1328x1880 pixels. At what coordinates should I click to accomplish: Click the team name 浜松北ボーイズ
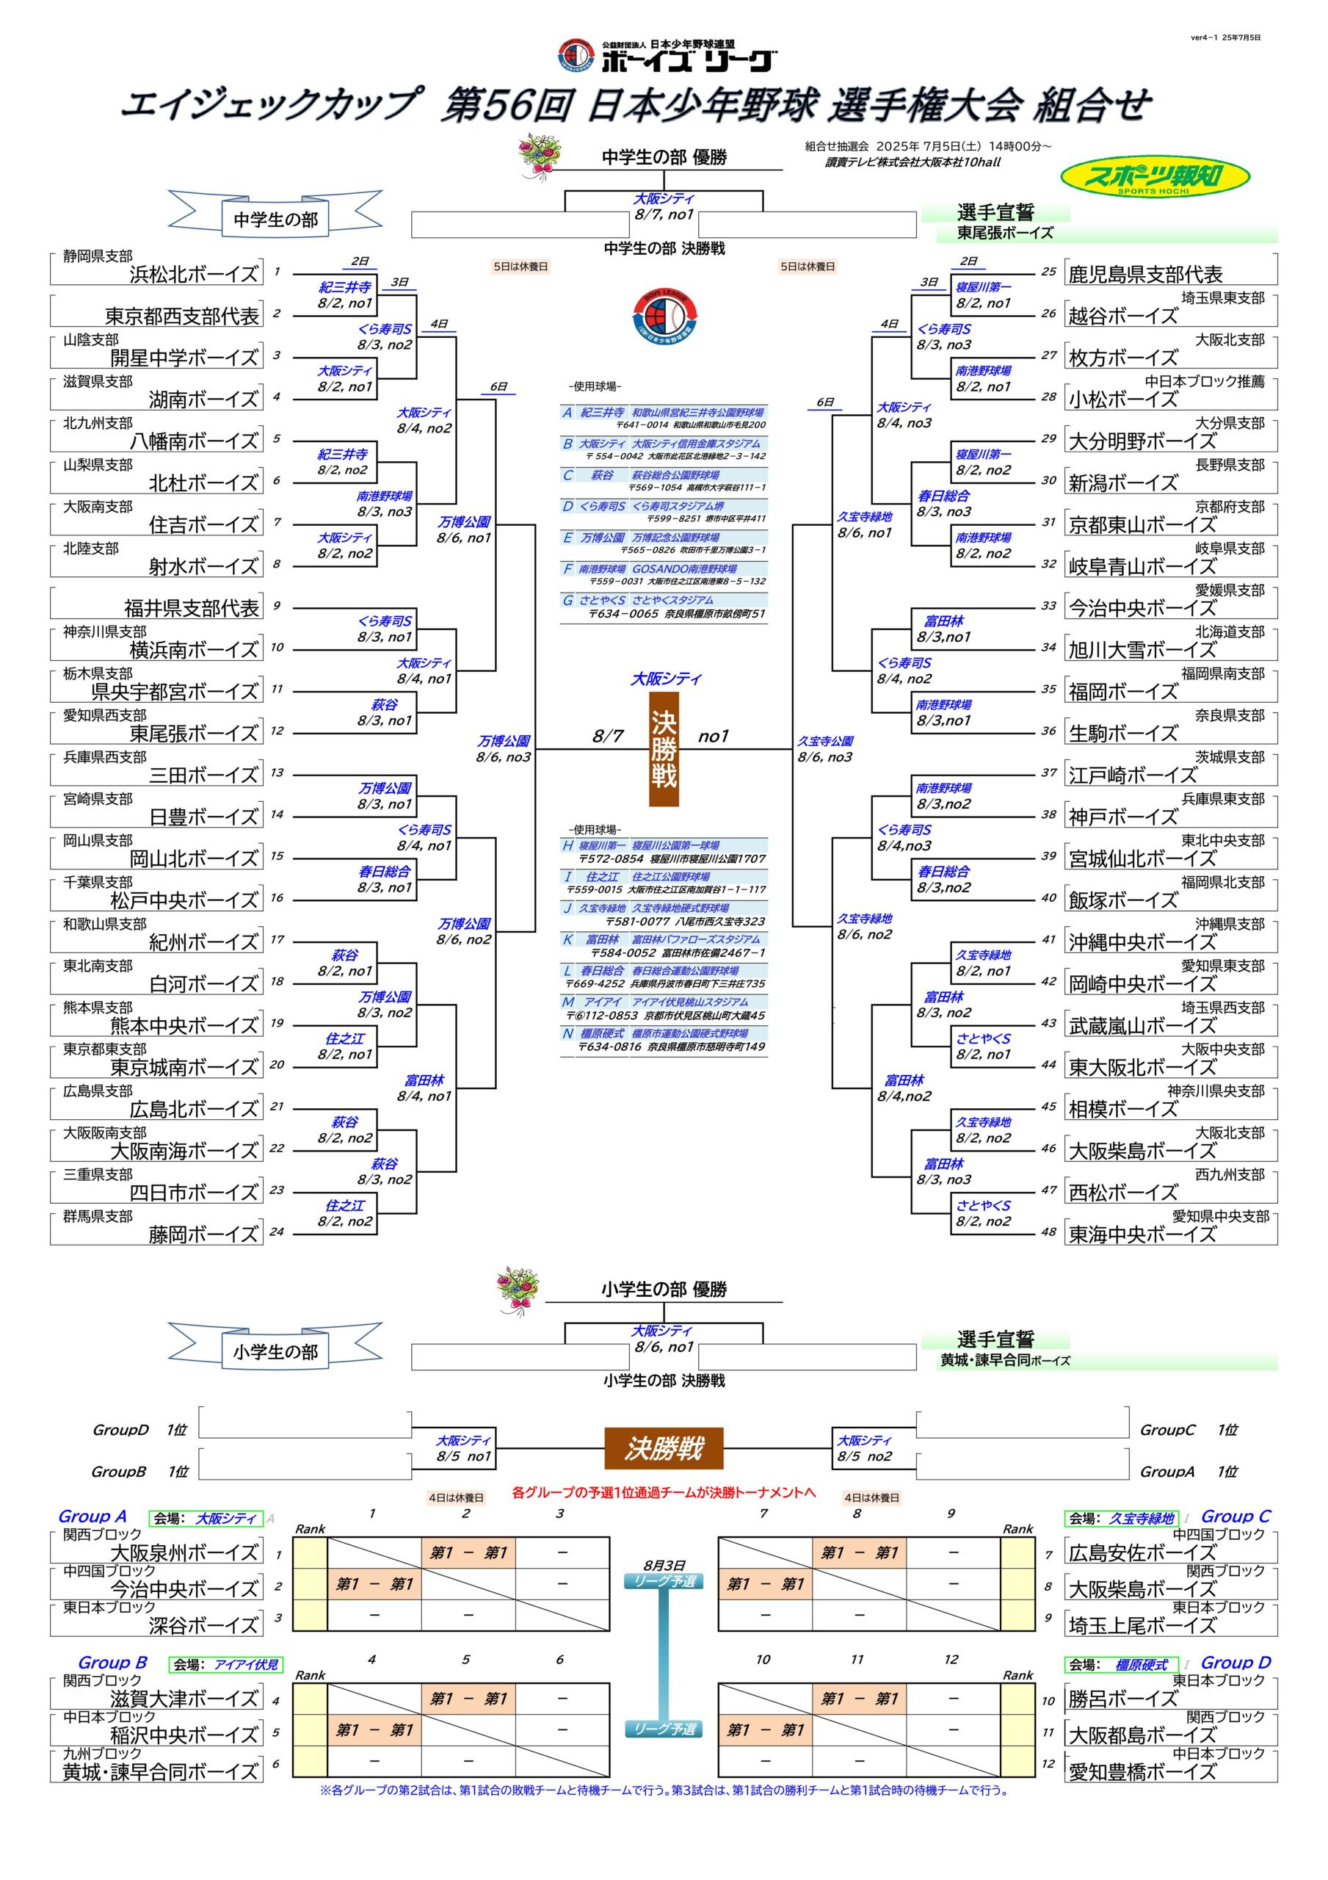(x=194, y=275)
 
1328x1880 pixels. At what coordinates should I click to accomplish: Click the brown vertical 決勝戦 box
(x=663, y=750)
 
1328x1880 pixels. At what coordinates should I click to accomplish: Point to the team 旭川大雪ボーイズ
(x=1142, y=650)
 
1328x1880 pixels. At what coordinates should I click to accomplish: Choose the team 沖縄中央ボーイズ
(x=1142, y=942)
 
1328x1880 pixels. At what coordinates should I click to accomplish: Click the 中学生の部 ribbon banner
(x=275, y=219)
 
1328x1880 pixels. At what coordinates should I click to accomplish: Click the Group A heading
(x=92, y=1516)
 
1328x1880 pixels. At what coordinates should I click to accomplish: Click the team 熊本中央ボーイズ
(x=184, y=1026)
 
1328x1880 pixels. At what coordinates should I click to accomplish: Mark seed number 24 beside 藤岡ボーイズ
(x=277, y=1232)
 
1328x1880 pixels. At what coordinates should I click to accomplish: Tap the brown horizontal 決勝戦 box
(x=664, y=1448)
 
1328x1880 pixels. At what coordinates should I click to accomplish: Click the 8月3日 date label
(x=664, y=1565)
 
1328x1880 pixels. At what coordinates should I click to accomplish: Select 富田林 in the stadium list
(x=602, y=940)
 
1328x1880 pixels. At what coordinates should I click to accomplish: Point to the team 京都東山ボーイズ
(x=1142, y=525)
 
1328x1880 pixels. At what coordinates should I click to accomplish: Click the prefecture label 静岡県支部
(x=98, y=256)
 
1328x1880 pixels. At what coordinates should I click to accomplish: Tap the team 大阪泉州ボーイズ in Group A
(x=184, y=1552)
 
